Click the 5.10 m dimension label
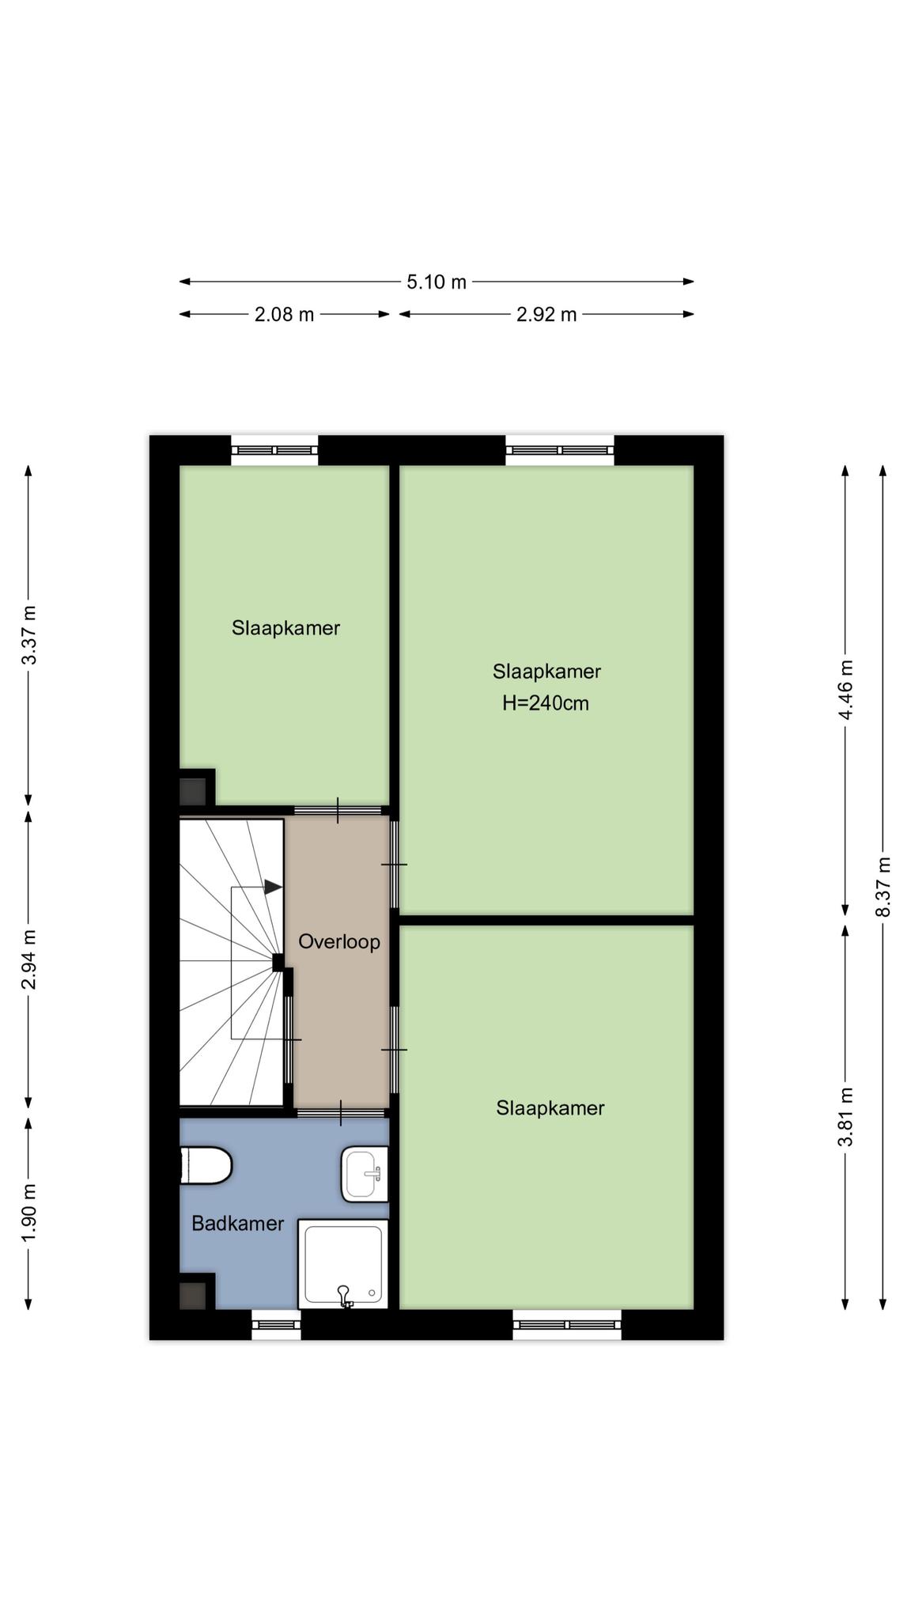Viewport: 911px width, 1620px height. [437, 282]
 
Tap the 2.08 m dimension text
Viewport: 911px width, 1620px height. [284, 315]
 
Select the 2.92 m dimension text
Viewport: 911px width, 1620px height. [546, 315]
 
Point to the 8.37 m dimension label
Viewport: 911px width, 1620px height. [883, 887]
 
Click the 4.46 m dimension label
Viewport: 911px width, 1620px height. [845, 690]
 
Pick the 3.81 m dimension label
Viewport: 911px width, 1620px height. [845, 1116]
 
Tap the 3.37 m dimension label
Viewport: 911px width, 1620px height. [28, 635]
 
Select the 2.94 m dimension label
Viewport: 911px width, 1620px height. [28, 959]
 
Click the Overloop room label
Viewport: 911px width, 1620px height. [339, 942]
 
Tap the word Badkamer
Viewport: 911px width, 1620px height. [238, 1224]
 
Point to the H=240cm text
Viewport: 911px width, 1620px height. [546, 703]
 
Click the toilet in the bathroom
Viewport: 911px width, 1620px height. [206, 1166]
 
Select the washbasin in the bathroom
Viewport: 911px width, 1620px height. [365, 1175]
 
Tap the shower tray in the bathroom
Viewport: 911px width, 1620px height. [343, 1263]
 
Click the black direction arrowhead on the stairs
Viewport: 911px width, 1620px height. [273, 888]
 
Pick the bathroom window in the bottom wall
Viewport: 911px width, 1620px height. [276, 1323]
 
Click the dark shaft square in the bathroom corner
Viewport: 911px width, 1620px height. [193, 1295]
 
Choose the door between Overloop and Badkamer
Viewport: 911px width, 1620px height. [342, 1112]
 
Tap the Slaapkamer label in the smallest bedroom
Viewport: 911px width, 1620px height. [285, 628]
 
